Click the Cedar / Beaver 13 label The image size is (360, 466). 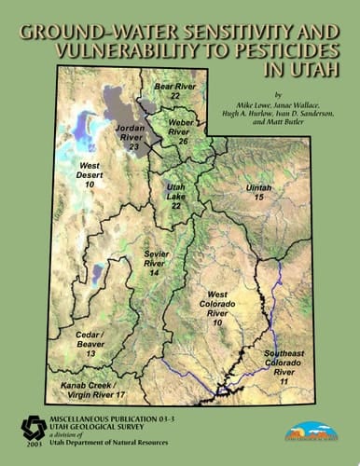click(x=90, y=342)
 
